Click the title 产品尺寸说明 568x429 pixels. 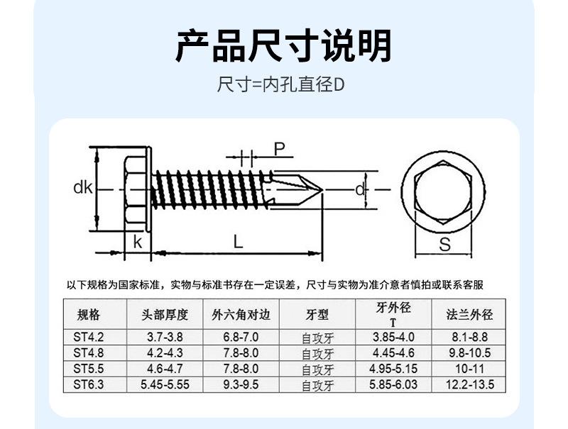(283, 46)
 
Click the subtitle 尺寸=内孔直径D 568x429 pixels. (283, 86)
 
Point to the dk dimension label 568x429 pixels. (83, 189)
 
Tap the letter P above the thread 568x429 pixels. (280, 149)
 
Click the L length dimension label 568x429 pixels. (238, 241)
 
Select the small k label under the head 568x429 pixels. (137, 241)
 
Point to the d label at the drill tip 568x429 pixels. (360, 189)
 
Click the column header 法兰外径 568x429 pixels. (469, 315)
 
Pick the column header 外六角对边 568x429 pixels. (241, 315)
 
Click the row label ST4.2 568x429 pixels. (88, 338)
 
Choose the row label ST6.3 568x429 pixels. (88, 384)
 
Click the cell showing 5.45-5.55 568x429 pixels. (165, 384)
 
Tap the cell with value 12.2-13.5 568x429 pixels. (469, 384)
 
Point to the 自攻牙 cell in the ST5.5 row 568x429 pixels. (317, 369)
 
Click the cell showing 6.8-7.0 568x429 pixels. (241, 338)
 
